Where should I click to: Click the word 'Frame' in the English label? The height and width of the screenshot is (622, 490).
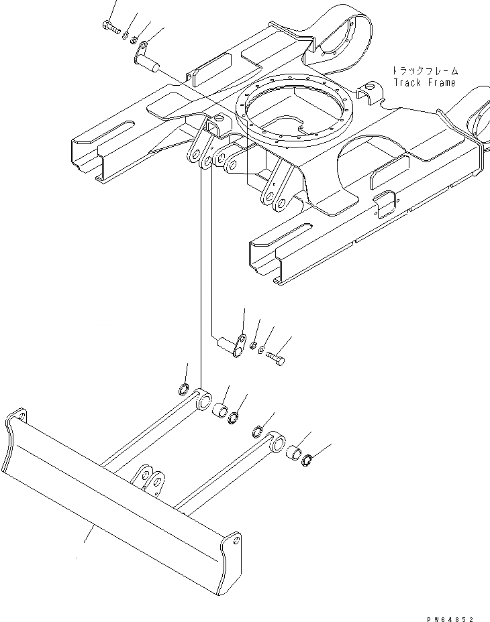point(442,82)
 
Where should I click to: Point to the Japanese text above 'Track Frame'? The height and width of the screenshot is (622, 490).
point(424,70)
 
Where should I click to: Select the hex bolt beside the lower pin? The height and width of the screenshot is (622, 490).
point(275,358)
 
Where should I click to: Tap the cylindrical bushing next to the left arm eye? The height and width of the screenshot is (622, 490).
point(219,411)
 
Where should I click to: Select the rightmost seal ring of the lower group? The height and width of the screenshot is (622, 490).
point(308,460)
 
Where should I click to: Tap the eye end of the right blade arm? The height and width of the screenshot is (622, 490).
point(276,443)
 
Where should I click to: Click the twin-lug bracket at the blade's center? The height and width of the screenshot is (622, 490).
point(150,482)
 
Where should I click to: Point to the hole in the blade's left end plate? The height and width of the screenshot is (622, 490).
point(21,417)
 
